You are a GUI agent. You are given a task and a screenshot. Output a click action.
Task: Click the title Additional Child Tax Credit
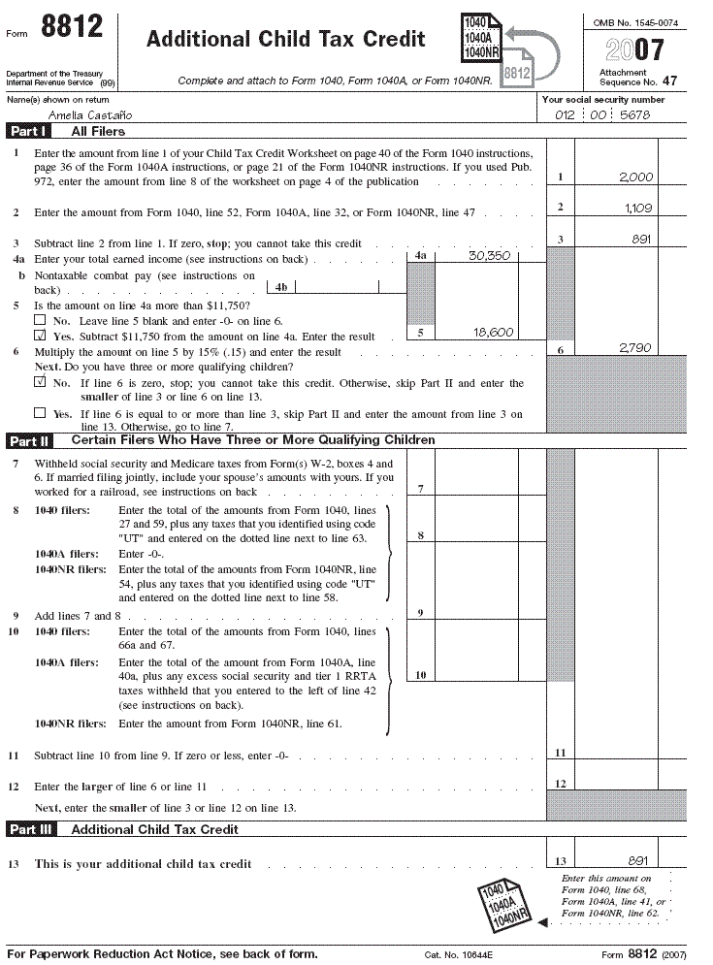285,40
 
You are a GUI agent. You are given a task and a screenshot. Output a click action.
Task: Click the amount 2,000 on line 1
635,177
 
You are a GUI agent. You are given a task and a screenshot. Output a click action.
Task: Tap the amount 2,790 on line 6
635,345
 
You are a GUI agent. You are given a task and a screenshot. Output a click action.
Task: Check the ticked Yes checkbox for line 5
40,336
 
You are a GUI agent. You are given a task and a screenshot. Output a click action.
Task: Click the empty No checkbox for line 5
40,319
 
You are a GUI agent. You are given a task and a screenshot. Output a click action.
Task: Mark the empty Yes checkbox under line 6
40,413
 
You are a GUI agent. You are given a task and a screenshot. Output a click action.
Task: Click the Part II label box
30,440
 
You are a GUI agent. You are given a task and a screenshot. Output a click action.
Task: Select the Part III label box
32,829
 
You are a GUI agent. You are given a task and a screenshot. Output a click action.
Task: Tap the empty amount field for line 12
615,784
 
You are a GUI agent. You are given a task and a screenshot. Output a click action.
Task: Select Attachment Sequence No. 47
632,78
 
